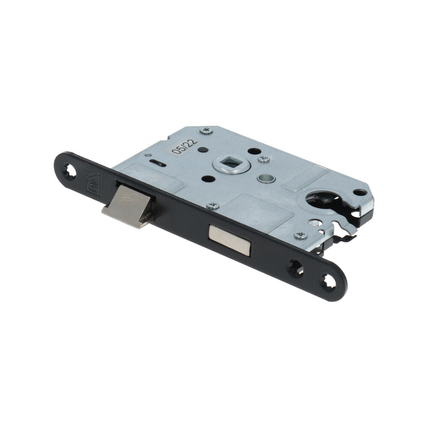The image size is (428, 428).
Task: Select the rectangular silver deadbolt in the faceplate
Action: [x=229, y=240]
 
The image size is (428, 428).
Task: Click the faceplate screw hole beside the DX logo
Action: [x=69, y=171]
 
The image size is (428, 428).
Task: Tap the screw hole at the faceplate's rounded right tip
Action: [x=328, y=282]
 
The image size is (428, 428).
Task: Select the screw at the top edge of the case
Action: [x=206, y=131]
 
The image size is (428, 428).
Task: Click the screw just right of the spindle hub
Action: [x=264, y=159]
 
